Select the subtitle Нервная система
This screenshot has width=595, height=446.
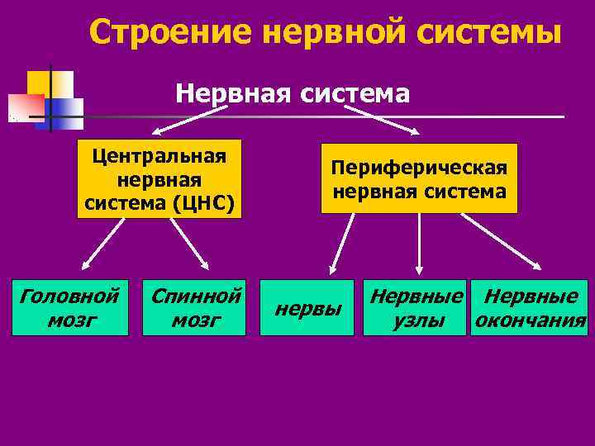[x=292, y=93]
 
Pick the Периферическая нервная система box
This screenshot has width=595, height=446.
[x=419, y=178]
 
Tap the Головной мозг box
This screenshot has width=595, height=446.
[x=70, y=307]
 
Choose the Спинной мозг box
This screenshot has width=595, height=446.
[x=195, y=307]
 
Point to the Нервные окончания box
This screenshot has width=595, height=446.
[x=529, y=307]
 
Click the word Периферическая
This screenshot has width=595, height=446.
[x=419, y=168]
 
